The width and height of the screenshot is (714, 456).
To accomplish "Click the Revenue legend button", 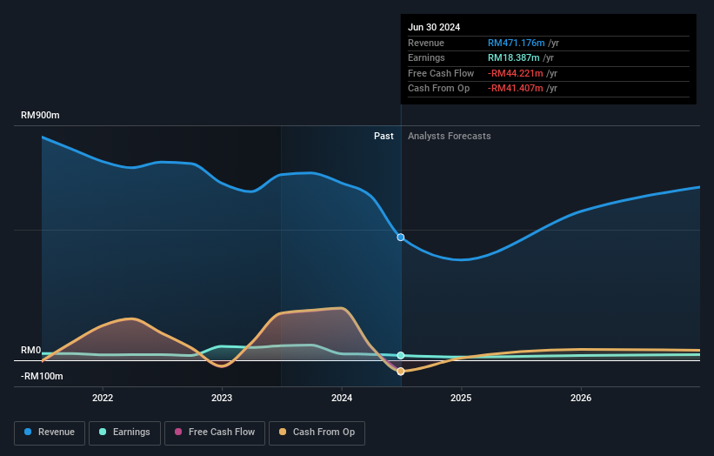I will click(x=50, y=433).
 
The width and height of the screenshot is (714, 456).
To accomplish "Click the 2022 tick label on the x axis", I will click(x=103, y=399).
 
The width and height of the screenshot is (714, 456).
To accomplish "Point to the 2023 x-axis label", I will click(x=222, y=399).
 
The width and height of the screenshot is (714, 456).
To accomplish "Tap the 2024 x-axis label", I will click(x=342, y=399).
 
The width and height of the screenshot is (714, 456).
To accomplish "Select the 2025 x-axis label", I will click(x=461, y=399).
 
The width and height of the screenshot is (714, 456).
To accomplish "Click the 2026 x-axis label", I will click(x=581, y=399).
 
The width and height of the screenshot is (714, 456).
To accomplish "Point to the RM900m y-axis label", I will click(x=41, y=116).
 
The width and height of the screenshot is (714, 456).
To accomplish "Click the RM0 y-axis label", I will click(x=31, y=350).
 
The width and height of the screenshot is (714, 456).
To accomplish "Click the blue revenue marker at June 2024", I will click(x=401, y=237).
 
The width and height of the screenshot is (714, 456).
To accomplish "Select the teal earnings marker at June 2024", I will click(x=401, y=355).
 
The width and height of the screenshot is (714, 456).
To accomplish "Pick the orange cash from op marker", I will click(x=401, y=372).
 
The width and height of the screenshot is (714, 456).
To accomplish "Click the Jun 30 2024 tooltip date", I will click(x=434, y=27).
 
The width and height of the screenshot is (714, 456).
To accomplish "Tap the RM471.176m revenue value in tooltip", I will click(x=517, y=44).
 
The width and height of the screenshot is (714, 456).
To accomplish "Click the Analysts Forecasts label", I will click(x=449, y=137).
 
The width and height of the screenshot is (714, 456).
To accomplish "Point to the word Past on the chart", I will click(x=384, y=137).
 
